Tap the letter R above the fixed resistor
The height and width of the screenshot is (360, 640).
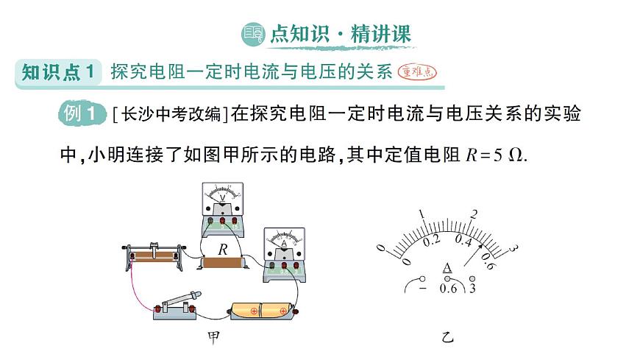click(222, 249)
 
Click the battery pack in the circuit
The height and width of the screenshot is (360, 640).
click(262, 310)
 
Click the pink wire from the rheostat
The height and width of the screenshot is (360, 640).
click(135, 287)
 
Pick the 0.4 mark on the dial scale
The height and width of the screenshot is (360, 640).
click(463, 240)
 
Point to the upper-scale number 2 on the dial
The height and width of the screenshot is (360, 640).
click(474, 214)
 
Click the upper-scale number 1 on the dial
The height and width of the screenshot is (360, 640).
click(422, 214)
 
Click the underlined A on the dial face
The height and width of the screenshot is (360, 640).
click(447, 268)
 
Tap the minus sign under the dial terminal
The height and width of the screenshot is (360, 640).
click(422, 289)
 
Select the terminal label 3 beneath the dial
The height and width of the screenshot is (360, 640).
click(472, 288)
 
